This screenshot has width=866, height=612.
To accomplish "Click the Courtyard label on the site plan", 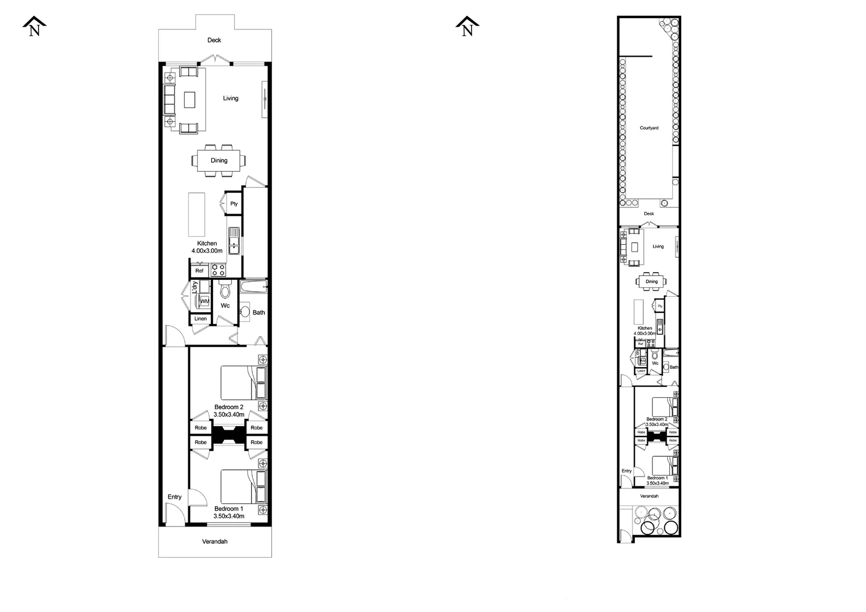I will tap(649, 128).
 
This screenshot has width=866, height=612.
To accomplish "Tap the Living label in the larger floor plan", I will tap(231, 98).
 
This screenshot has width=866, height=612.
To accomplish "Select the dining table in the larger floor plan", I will tap(219, 160).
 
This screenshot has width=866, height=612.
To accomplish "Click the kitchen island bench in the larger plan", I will tap(197, 214).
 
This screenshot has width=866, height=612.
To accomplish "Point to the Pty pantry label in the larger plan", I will tap(234, 204).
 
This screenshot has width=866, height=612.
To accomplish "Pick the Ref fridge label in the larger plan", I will tap(199, 271).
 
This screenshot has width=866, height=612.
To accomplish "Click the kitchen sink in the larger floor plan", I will tap(234, 240).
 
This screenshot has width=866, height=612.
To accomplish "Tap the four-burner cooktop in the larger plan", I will tap(218, 270).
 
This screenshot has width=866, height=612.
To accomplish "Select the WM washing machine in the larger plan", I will tap(205, 301).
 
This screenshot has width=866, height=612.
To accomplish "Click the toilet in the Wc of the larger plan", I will tap(225, 291).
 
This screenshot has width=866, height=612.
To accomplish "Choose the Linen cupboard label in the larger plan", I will tap(201, 318).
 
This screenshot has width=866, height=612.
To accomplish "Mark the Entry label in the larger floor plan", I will tap(175, 497).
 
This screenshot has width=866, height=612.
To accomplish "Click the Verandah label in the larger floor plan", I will tap(215, 542).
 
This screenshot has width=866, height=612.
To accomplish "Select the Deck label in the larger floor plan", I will tap(214, 40).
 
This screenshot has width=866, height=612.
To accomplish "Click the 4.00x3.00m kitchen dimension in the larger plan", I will tap(207, 250).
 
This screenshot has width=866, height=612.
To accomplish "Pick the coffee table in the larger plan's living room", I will tap(189, 100).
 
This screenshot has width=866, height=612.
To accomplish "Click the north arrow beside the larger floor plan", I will tap(35, 27).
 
